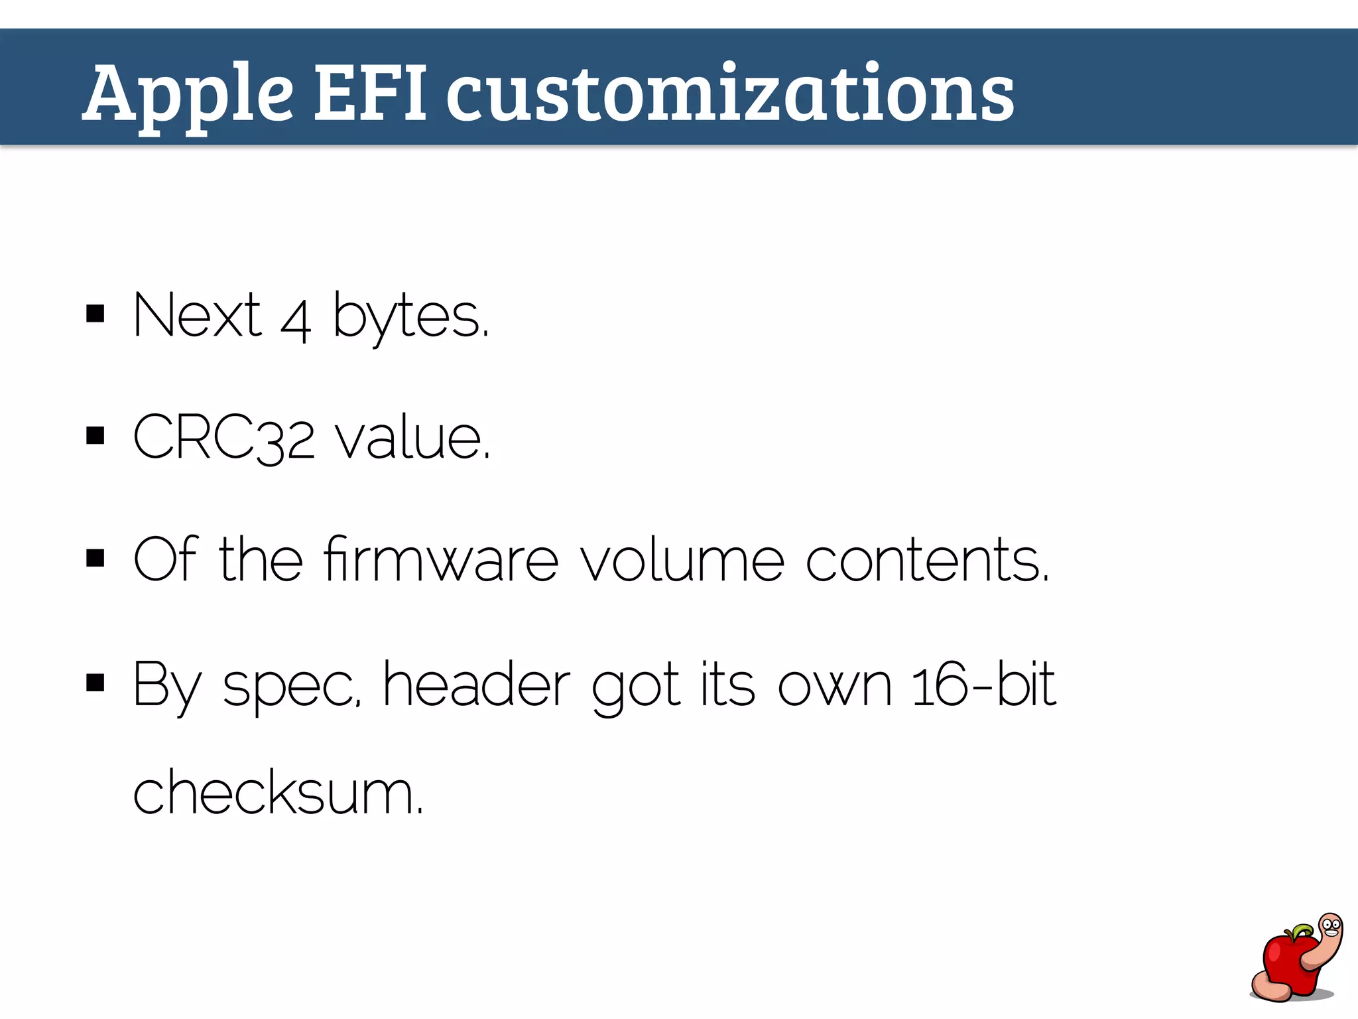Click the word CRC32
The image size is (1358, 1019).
click(x=224, y=438)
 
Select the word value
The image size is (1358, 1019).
click(x=412, y=438)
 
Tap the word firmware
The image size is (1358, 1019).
click(x=442, y=560)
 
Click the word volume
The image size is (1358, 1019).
click(x=682, y=560)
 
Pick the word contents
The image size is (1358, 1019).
click(x=927, y=560)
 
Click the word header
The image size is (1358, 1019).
click(x=476, y=685)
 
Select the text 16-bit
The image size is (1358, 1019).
click(x=983, y=685)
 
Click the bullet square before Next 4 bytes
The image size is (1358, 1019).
click(x=95, y=313)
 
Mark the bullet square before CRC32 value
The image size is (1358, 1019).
click(x=95, y=436)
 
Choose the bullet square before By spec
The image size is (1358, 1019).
click(x=95, y=682)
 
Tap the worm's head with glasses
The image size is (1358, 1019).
click(x=1330, y=925)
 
